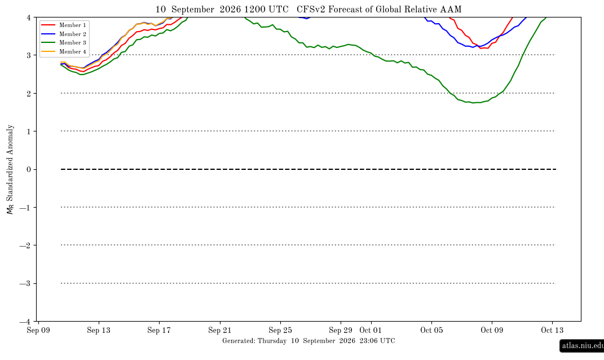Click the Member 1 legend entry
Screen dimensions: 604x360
(x=63, y=25)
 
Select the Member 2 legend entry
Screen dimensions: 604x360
(x=63, y=34)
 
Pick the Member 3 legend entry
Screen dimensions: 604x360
(x=63, y=43)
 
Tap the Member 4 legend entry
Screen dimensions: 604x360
(x=63, y=52)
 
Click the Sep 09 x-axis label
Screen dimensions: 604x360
(x=38, y=330)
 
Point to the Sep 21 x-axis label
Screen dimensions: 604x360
(x=219, y=330)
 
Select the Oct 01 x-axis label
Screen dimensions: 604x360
(x=371, y=330)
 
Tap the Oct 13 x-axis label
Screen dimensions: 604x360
(x=552, y=330)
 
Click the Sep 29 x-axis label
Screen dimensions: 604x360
(x=341, y=330)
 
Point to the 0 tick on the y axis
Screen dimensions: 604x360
(x=29, y=170)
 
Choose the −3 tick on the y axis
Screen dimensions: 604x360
(x=25, y=283)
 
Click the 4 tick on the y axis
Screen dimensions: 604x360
(x=29, y=17)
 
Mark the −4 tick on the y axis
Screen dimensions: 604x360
(x=25, y=322)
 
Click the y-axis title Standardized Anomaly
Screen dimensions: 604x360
(x=10, y=163)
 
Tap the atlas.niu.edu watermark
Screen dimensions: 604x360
(x=583, y=345)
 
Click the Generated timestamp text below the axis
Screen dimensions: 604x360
(x=308, y=341)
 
